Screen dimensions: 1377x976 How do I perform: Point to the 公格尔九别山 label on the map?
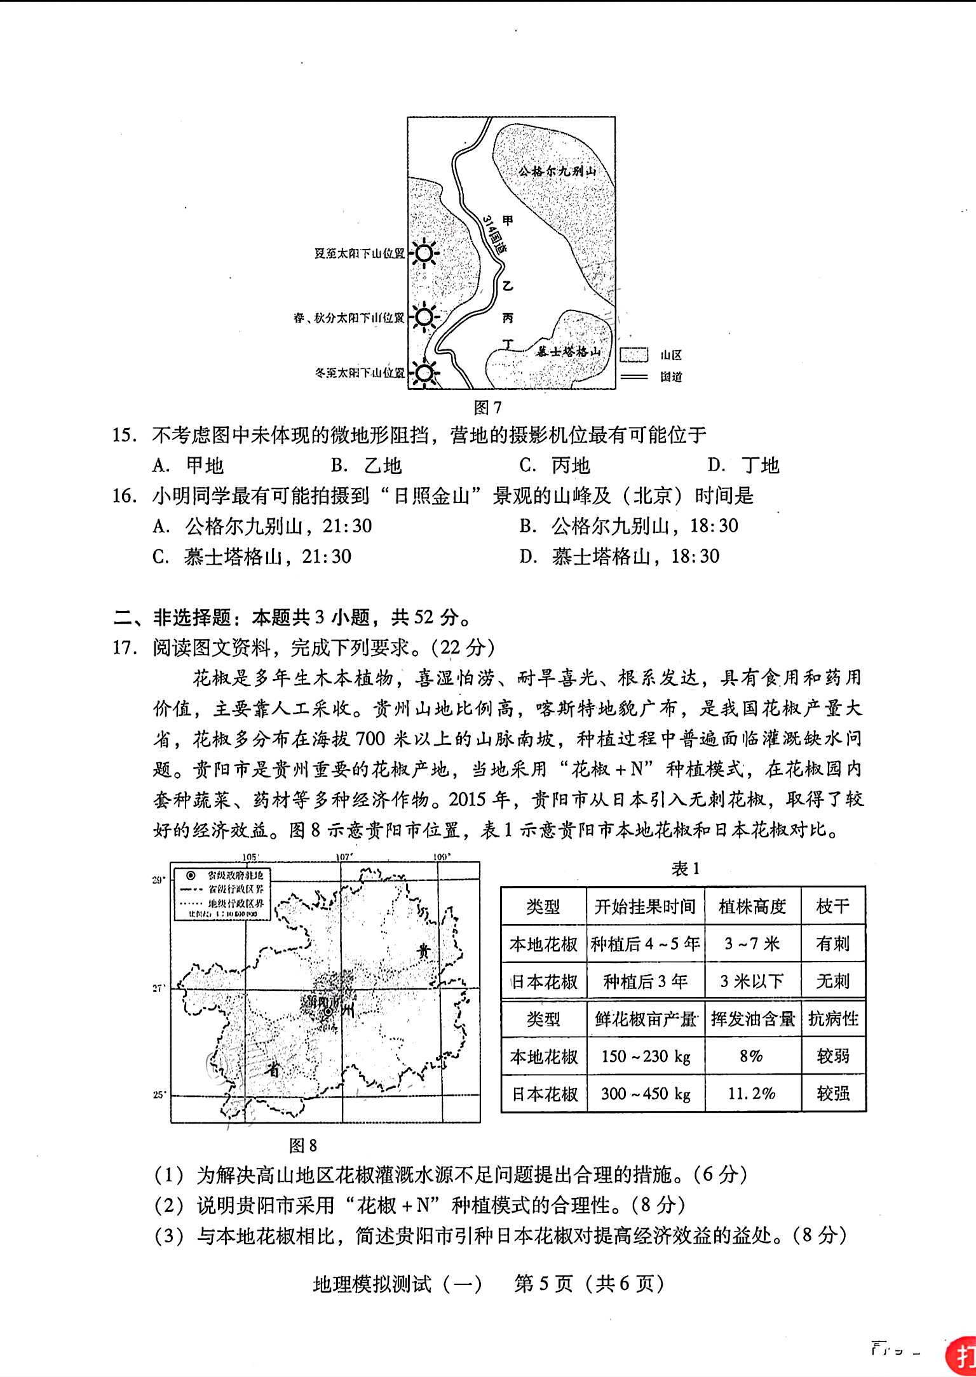point(557,171)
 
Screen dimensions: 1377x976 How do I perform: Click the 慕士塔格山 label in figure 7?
point(569,353)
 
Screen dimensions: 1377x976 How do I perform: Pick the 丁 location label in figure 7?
point(507,344)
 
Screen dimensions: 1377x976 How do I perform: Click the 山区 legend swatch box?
point(634,355)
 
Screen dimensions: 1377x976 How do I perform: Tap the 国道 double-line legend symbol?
point(634,377)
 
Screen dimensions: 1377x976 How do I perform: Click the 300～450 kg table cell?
point(646,1094)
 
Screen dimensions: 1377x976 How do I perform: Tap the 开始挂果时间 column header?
point(645,906)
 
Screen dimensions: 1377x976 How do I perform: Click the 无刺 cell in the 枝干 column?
point(833,981)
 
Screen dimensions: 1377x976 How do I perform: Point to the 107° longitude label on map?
point(344,857)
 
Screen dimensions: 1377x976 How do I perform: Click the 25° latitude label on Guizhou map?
point(158,1095)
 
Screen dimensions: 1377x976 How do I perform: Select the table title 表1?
point(686,869)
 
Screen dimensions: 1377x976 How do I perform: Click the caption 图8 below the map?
point(302,1145)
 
